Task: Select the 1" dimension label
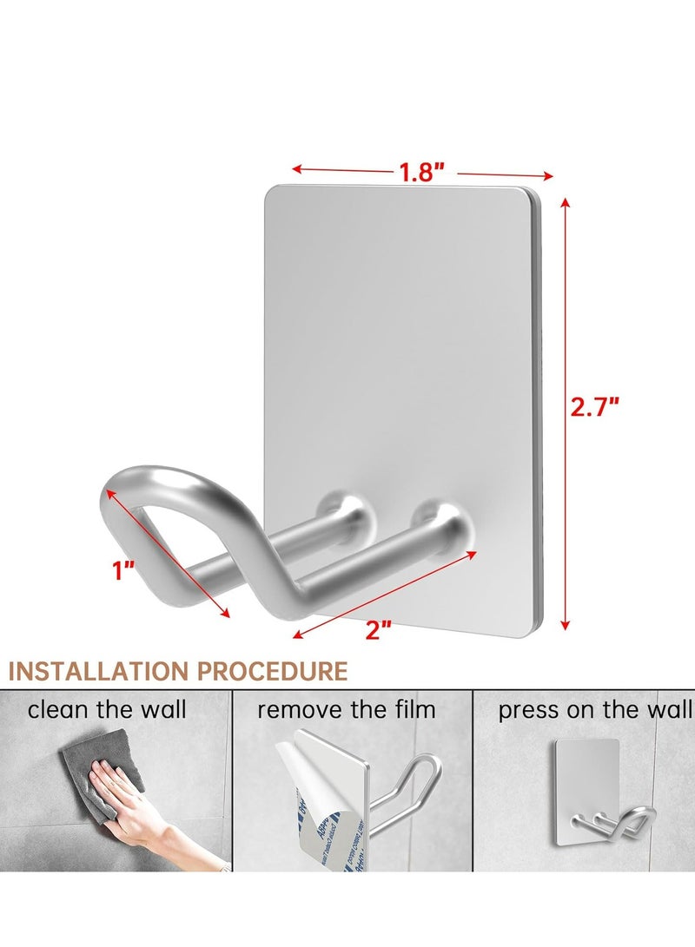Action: coord(123,570)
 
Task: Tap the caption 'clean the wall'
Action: coord(107,710)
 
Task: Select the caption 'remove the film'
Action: coord(346,710)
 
